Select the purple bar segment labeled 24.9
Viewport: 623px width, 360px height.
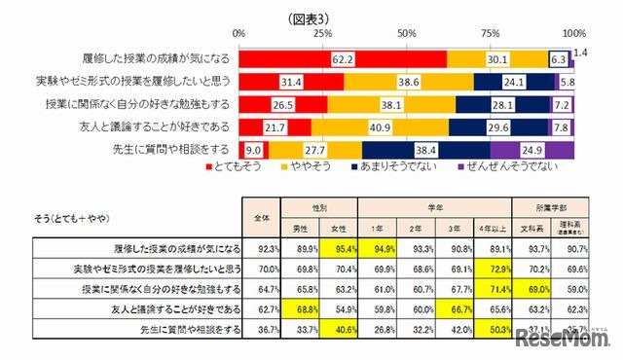[531, 149]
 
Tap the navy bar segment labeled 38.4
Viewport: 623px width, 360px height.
[425, 149]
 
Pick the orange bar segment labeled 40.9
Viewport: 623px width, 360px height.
[380, 126]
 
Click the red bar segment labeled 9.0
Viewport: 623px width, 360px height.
[251, 149]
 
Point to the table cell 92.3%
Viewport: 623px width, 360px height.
[262, 248]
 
